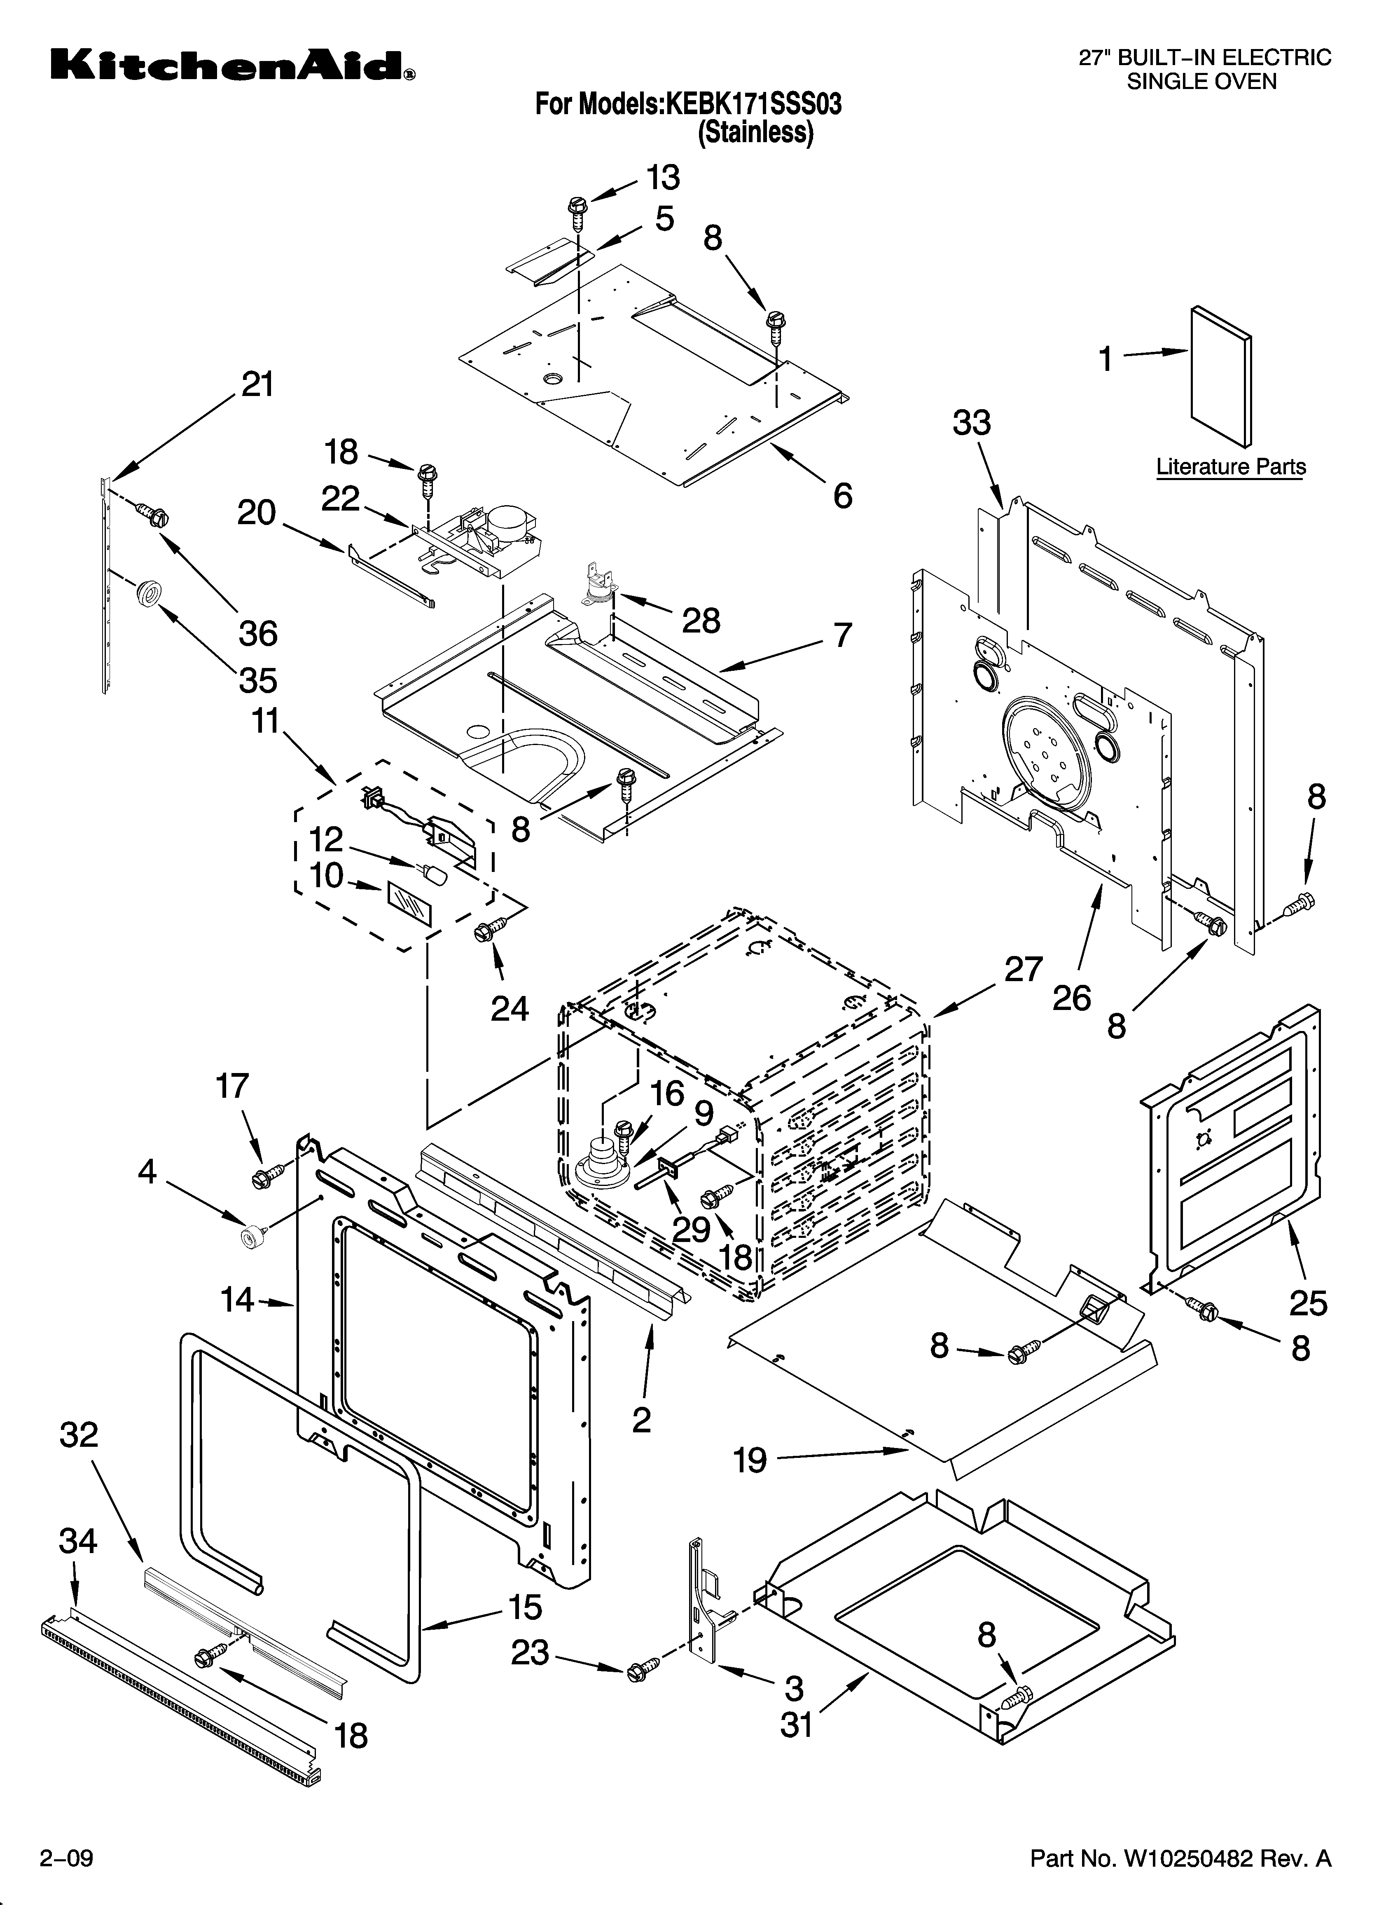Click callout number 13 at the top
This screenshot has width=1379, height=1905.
[663, 178]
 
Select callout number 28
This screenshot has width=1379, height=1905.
[701, 621]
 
